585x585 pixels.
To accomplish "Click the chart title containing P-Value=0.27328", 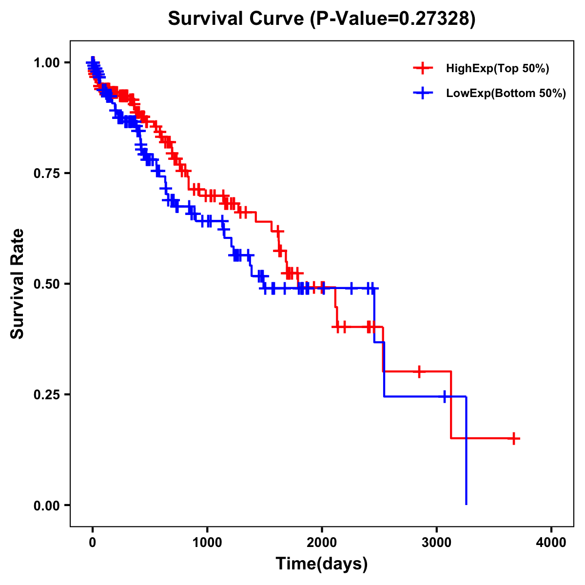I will click(322, 19).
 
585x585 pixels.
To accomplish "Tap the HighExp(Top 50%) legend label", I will click(498, 69).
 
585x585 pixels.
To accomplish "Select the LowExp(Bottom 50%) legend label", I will click(506, 94).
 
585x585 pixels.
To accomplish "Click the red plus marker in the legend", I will click(423, 69).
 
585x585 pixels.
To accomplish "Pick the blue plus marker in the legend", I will click(423, 93).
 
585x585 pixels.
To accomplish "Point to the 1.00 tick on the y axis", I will click(46, 63).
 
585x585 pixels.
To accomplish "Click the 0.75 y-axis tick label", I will click(46, 174).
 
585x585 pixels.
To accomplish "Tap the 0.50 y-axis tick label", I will click(46, 284).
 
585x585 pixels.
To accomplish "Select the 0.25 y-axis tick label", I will click(46, 394).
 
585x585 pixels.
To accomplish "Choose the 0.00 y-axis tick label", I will click(46, 506).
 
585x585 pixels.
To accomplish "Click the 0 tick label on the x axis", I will click(93, 543).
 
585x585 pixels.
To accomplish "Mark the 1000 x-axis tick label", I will click(207, 543).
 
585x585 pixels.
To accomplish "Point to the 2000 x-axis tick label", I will click(322, 543).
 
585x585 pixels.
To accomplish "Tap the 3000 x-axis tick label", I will click(437, 543).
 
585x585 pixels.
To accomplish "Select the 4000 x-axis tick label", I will click(551, 543).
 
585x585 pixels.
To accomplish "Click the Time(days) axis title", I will click(322, 564).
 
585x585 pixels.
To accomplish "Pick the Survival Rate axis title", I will click(18, 284).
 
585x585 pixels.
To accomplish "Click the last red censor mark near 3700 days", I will click(513, 438).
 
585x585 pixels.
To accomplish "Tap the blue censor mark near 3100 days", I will click(445, 396).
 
